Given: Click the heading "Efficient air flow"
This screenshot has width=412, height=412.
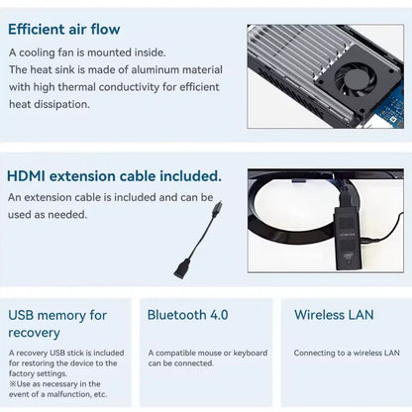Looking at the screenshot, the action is (64, 29).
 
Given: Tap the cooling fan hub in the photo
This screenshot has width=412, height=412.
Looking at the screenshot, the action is (357, 79).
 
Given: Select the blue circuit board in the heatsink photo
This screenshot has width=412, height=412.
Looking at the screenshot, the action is (392, 107).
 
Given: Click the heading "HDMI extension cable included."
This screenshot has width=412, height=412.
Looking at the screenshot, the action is (114, 176).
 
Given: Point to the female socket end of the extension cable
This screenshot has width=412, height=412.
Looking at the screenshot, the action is (182, 269).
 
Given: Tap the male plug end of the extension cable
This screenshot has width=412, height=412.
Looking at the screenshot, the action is (217, 209).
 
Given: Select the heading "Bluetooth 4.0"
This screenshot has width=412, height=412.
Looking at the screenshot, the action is (187, 315).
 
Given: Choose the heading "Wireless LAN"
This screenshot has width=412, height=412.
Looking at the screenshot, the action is (334, 315).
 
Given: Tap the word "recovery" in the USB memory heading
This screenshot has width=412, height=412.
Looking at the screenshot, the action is (34, 333).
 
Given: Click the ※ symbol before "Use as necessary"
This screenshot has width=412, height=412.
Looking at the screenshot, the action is (13, 384).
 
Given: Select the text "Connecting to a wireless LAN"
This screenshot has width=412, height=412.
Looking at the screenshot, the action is (347, 353).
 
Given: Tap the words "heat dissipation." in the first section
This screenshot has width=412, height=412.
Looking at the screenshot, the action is (50, 104).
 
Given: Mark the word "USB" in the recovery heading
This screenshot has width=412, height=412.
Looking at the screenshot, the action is (21, 315).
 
